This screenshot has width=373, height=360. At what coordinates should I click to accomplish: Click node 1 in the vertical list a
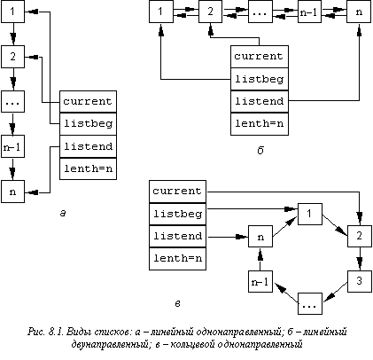[x=12, y=12]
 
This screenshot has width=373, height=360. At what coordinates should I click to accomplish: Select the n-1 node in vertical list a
[x=12, y=146]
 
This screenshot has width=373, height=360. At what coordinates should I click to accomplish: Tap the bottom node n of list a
[x=12, y=192]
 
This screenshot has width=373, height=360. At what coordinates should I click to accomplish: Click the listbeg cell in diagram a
[x=88, y=124]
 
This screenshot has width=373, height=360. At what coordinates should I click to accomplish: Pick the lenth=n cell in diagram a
[x=88, y=168]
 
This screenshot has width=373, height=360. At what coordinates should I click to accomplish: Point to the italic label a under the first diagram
[x=63, y=213]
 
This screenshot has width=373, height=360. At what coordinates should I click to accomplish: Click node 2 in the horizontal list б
[x=210, y=12]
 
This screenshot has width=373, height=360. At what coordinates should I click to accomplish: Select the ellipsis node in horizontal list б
[x=260, y=12]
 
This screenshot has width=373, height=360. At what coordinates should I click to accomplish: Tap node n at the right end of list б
[x=359, y=12]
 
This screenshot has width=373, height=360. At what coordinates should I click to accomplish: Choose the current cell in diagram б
[x=260, y=57]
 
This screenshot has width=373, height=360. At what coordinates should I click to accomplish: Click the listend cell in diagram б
[x=260, y=101]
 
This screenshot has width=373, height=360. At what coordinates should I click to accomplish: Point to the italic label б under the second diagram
[x=260, y=151]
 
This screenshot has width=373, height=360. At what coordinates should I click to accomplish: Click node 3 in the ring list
[x=359, y=281]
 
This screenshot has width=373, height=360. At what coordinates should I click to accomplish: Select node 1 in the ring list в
[x=310, y=214]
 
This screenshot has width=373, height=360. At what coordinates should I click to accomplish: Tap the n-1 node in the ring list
[x=260, y=281]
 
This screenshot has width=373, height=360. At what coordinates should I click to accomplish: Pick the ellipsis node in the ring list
[x=310, y=303]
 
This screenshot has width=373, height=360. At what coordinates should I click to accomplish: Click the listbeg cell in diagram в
[x=177, y=214]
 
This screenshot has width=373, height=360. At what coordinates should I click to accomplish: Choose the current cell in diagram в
[x=177, y=192]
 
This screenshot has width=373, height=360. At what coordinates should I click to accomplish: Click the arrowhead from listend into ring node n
[x=243, y=237]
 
